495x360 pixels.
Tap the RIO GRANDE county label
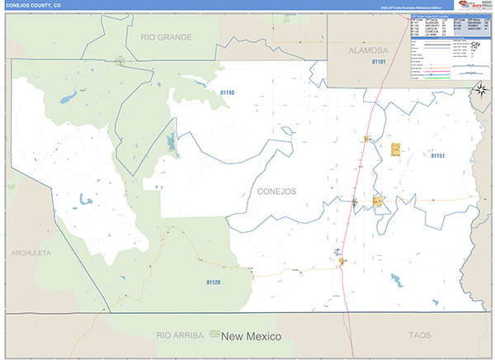166,37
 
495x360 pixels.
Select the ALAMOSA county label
368,50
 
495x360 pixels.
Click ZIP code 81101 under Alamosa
379,61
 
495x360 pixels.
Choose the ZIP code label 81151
437,155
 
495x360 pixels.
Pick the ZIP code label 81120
213,282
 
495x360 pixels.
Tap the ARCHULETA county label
31,252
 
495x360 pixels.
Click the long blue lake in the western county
172,144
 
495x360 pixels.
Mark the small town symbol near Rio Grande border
121,59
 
